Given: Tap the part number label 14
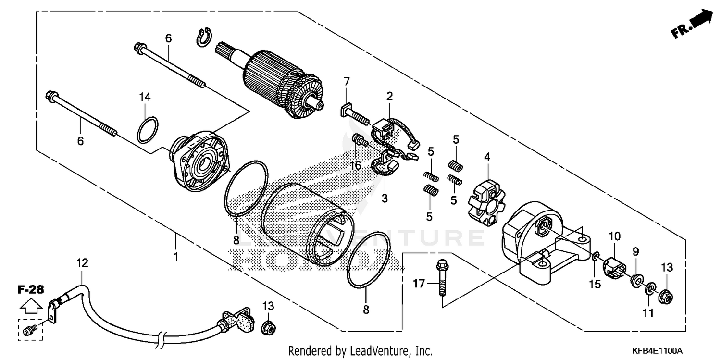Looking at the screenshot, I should click(145, 97).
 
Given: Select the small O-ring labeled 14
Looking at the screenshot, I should click(147, 130).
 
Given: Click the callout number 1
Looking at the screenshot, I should click(176, 256).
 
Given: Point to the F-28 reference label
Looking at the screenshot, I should click(31, 289).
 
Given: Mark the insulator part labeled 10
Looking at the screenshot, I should click(614, 268).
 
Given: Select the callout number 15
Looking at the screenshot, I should click(595, 284).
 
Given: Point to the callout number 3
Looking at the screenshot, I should click(384, 198).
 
